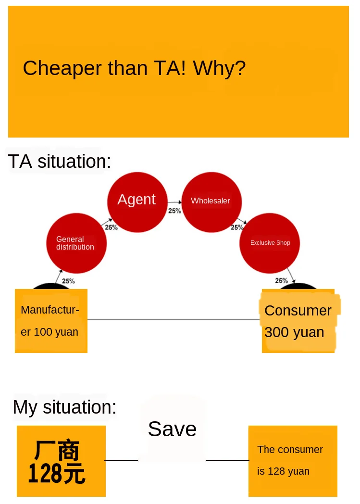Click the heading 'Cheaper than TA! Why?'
click(x=134, y=68)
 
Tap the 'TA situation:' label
click(x=59, y=162)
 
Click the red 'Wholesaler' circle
click(x=211, y=201)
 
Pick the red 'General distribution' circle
click(x=76, y=243)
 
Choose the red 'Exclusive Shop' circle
click(x=270, y=243)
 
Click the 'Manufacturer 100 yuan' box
click(x=51, y=321)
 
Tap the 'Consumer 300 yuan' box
click(x=298, y=321)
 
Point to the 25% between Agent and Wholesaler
click(x=174, y=211)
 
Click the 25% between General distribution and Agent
click(x=111, y=227)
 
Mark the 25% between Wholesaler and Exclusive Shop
click(x=237, y=227)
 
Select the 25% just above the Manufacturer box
click(x=68, y=281)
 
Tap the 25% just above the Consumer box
click(x=281, y=281)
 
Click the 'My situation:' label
click(x=64, y=407)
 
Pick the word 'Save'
click(x=172, y=429)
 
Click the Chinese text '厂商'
click(x=56, y=451)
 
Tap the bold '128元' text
click(x=57, y=474)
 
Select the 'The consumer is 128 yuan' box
click(x=293, y=461)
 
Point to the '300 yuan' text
click(x=294, y=332)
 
